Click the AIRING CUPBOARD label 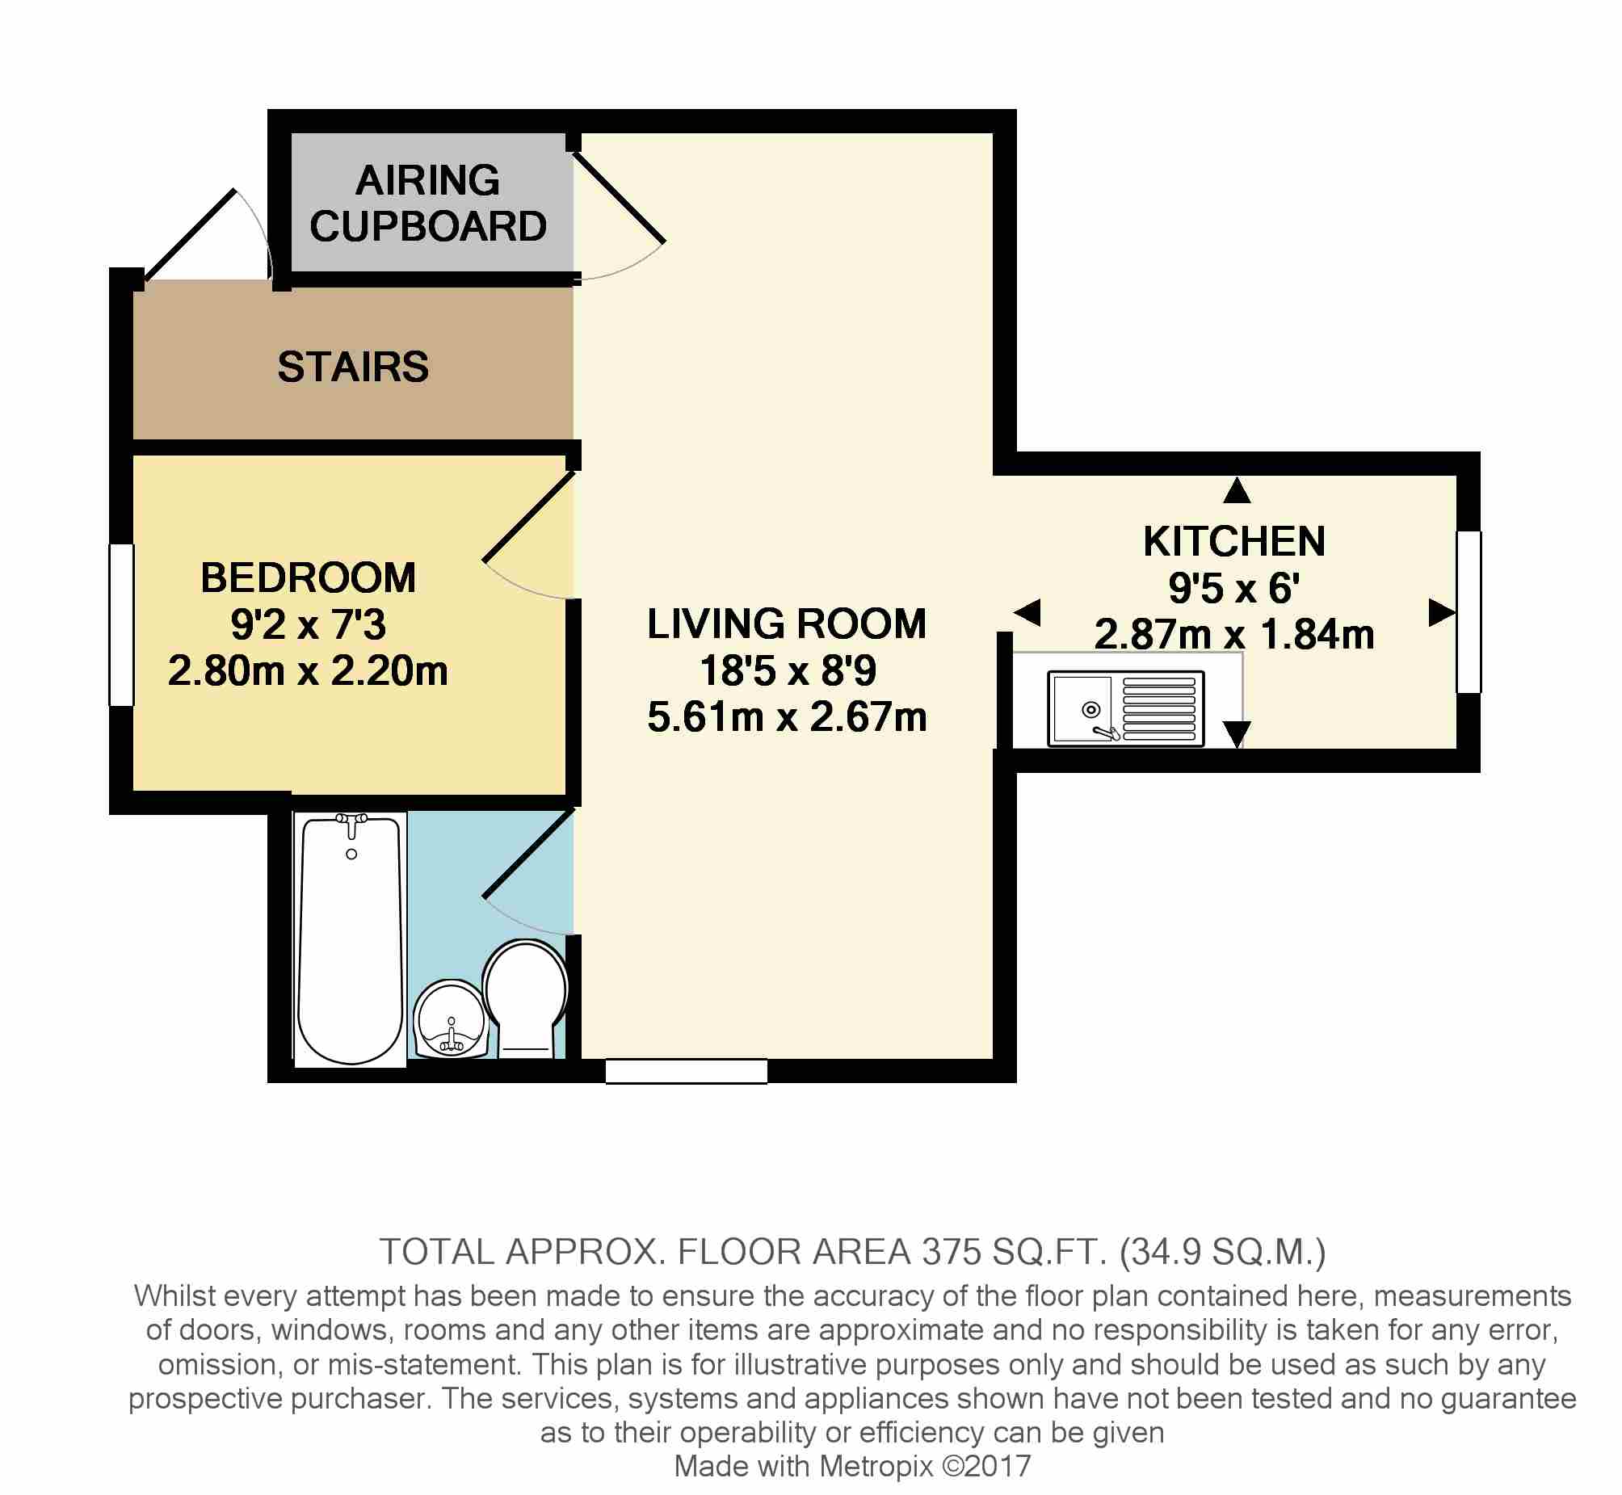428,202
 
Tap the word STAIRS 353,367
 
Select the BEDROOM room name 309,577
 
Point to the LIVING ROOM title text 786,624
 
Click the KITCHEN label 1234,541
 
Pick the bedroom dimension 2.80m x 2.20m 309,670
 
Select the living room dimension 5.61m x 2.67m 786,716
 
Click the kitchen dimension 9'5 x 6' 1234,587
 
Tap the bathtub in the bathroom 351,939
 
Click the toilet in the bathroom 526,998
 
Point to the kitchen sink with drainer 1126,708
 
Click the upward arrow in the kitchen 1237,490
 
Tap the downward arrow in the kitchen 1237,734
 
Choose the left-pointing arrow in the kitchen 1027,612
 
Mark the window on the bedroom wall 121,625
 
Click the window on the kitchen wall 1469,611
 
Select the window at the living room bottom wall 686,1071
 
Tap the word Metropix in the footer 877,1466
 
